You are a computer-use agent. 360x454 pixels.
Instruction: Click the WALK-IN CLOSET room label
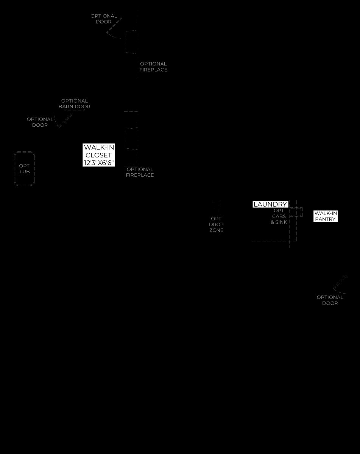coord(98,151)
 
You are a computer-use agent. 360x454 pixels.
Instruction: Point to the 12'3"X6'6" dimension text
coord(99,163)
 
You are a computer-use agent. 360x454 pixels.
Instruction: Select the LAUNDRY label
coord(270,204)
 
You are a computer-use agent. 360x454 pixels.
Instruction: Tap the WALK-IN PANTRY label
coord(326,216)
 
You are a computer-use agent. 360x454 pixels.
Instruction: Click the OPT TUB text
coord(24,169)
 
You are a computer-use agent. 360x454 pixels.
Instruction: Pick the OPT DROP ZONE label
coord(216,224)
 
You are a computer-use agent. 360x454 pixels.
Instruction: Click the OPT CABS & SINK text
coord(279,216)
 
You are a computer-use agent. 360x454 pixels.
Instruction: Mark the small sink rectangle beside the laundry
coord(296,212)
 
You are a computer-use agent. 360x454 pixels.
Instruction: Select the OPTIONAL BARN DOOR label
coord(74,104)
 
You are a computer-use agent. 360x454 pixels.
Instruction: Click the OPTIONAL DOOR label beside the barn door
coord(40,122)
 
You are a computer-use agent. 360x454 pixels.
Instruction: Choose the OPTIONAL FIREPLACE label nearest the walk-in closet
coord(140,172)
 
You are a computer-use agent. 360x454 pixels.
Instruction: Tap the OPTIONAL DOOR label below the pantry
coord(330,300)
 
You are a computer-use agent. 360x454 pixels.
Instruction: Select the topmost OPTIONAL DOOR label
coord(104,19)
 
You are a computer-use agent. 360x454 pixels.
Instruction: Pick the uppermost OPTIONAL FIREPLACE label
coord(153,67)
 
